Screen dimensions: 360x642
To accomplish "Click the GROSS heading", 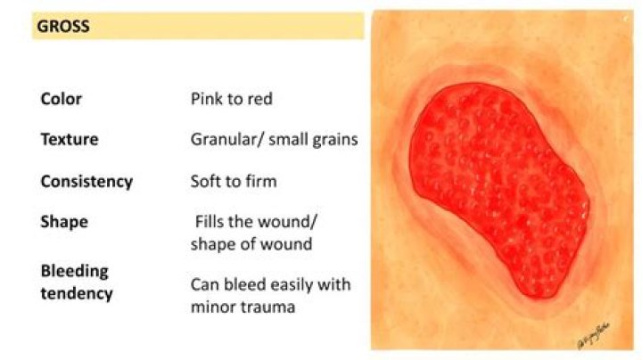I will point(63,27).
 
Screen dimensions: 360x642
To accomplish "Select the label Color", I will point(61,98).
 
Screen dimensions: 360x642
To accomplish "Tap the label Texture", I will point(70,140).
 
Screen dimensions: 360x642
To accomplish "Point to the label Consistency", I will point(86,182).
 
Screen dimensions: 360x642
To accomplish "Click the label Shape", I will point(63,223).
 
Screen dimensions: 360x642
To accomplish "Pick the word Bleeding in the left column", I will point(74,270).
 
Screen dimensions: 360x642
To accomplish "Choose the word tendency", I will point(77,292).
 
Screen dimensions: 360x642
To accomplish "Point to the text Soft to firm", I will point(234,182).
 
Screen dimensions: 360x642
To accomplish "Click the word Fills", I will point(213,223).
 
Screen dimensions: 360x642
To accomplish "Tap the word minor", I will point(213,307).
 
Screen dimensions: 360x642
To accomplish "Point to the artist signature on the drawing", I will point(593,338).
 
